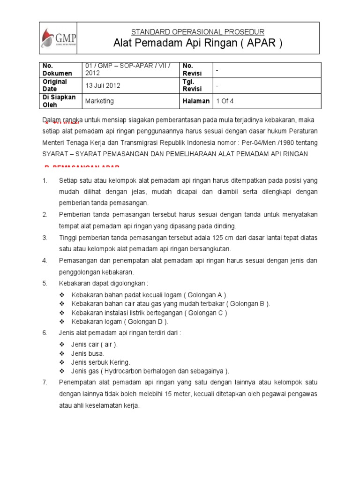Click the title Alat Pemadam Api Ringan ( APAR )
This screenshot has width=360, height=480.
(x=198, y=44)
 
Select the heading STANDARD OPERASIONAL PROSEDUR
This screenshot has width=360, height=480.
(x=198, y=32)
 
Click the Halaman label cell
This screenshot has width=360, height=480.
(x=196, y=101)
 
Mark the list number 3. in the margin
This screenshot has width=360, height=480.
(x=45, y=238)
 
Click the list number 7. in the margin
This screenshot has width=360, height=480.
(x=45, y=382)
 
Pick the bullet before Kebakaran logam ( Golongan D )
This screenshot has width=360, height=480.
(x=62, y=322)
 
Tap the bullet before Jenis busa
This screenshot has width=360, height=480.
(x=62, y=353)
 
